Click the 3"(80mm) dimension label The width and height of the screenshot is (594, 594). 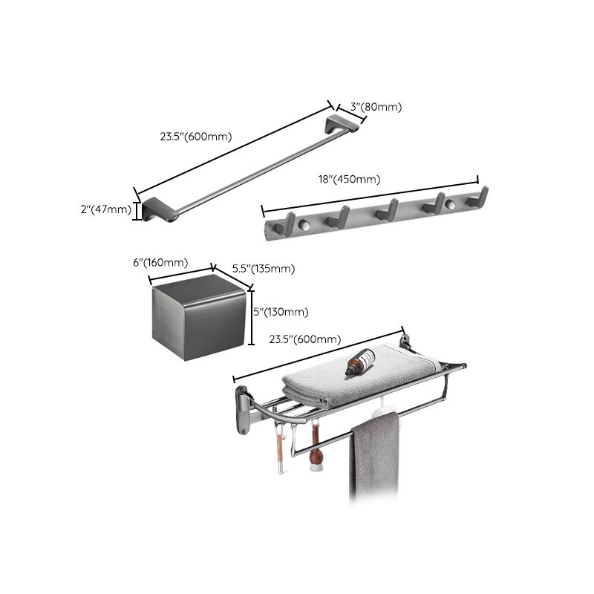click(x=376, y=107)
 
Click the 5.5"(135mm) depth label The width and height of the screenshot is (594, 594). click(x=264, y=269)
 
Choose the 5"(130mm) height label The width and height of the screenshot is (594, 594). click(x=281, y=312)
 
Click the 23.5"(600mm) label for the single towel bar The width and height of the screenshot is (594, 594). click(x=196, y=137)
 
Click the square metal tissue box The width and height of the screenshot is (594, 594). click(x=198, y=317)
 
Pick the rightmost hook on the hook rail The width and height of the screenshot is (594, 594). click(x=479, y=198)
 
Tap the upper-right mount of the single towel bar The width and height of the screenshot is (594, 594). click(x=345, y=123)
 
